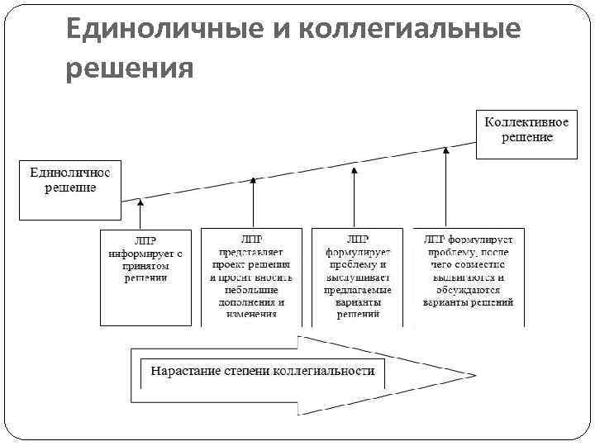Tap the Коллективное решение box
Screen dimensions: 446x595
pos(526,133)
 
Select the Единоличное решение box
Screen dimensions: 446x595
pos(70,189)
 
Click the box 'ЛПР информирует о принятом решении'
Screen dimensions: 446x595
pos(146,277)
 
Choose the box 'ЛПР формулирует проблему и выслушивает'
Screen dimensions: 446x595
pos(358,277)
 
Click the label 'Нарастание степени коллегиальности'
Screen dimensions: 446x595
pos(262,371)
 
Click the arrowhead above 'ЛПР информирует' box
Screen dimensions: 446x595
pos(140,201)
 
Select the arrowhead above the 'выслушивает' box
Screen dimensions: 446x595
pos(355,168)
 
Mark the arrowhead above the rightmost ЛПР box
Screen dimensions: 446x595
pos(446,151)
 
